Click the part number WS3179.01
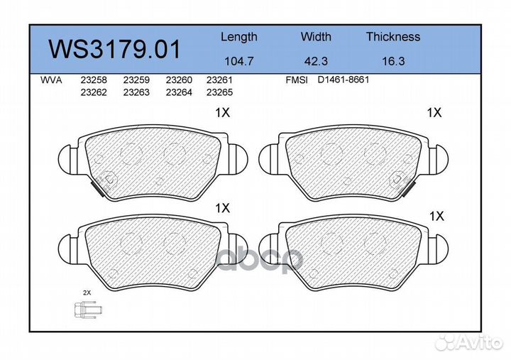pos(114,49)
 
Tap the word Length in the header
pos(239,38)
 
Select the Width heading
pos(316,36)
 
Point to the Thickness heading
pos(393,36)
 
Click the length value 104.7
pos(239,61)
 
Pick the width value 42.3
pos(316,61)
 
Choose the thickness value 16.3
pos(393,61)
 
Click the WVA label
pos(51,80)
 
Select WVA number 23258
pos(94,80)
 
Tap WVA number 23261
pos(219,80)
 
